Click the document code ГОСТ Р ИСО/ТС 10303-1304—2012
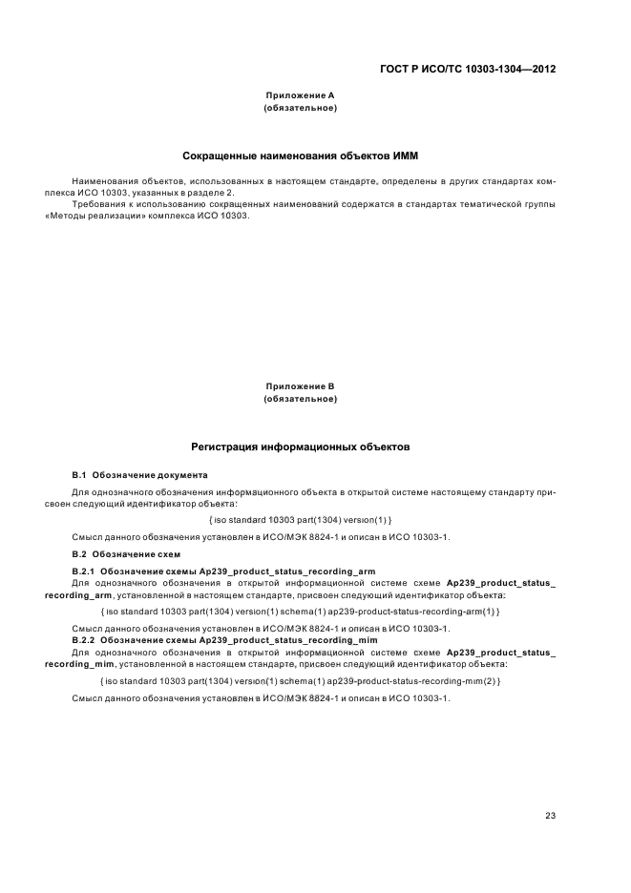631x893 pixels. click(x=468, y=69)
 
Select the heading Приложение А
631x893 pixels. click(x=299, y=96)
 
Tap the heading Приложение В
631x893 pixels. click(x=299, y=386)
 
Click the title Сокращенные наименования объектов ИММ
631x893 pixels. click(x=300, y=156)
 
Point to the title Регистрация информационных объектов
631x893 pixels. click(x=300, y=446)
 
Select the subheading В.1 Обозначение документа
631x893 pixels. click(x=139, y=474)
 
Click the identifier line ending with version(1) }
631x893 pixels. click(x=299, y=519)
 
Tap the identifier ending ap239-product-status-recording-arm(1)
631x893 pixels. click(x=299, y=611)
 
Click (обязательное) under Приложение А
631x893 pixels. click(x=299, y=108)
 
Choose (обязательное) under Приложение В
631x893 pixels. click(x=299, y=398)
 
